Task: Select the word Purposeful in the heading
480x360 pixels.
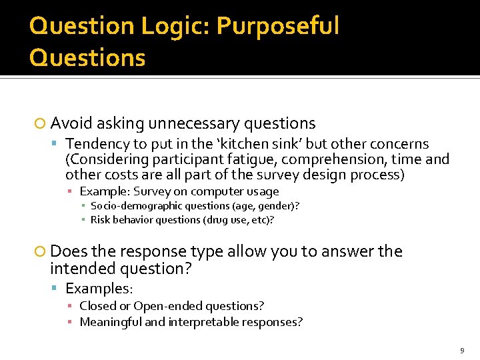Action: pos(278,27)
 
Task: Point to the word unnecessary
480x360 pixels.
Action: pos(195,123)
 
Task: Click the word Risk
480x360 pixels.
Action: pos(100,220)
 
